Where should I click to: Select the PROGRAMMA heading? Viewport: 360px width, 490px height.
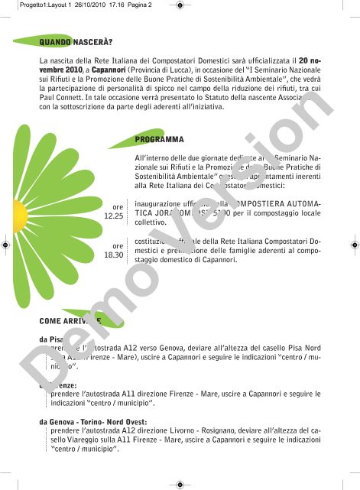[x=159, y=140]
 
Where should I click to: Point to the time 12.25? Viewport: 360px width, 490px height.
[x=113, y=216]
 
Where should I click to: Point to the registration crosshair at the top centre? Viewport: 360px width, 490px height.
[x=180, y=6]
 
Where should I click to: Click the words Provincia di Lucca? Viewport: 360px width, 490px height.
[x=167, y=70]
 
